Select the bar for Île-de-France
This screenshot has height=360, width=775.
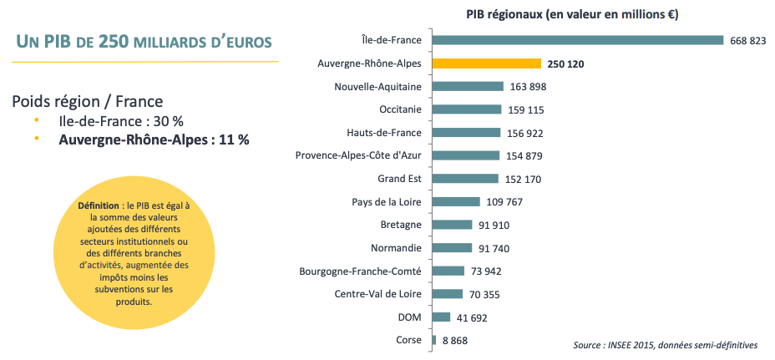coord(577,40)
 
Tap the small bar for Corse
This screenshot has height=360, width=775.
coord(433,340)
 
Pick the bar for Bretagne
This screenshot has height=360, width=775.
coord(452,225)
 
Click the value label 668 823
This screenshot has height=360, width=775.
coord(747,41)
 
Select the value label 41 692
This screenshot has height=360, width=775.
coord(472,317)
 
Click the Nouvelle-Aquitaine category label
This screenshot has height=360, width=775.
coord(377,87)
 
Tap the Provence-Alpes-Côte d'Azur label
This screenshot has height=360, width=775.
coord(358,155)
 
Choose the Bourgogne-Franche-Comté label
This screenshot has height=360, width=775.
coord(360,271)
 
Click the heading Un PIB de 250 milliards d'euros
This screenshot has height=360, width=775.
coord(144,42)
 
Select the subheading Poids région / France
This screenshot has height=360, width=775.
coord(87,101)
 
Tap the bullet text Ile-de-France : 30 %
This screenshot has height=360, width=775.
coord(120,121)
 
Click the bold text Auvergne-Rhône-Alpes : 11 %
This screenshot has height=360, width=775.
coord(154,140)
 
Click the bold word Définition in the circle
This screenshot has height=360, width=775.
coord(98,205)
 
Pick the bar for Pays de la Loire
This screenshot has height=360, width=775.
coord(456,201)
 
